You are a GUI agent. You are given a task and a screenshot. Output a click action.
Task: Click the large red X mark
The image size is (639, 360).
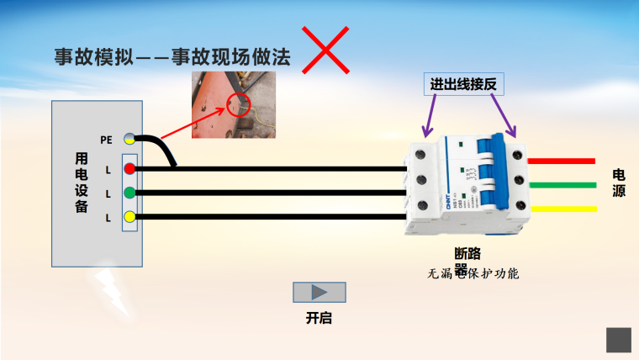326,49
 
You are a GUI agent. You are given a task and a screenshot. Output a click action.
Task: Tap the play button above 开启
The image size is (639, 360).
319,293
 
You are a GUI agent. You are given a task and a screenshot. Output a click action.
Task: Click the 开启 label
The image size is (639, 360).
319,319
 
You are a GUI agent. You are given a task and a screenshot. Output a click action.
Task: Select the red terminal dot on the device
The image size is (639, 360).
129,169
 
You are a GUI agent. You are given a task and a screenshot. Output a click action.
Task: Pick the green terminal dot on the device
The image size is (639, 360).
129,193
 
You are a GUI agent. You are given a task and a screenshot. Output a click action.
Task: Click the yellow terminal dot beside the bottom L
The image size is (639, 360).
129,218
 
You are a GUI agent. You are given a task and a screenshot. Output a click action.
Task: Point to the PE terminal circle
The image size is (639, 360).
129,139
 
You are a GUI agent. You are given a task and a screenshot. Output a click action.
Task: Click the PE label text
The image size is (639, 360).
106,140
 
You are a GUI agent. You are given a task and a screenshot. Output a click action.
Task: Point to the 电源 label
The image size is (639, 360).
619,183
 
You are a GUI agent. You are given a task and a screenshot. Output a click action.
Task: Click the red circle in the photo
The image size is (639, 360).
240,105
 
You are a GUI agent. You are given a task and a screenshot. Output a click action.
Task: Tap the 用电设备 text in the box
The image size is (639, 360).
82,183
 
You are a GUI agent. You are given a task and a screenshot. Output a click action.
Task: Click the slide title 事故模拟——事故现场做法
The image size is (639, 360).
172,57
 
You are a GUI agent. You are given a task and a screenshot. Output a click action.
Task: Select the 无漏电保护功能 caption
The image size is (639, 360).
473,274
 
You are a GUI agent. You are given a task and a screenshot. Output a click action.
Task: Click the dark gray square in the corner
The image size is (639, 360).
619,340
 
